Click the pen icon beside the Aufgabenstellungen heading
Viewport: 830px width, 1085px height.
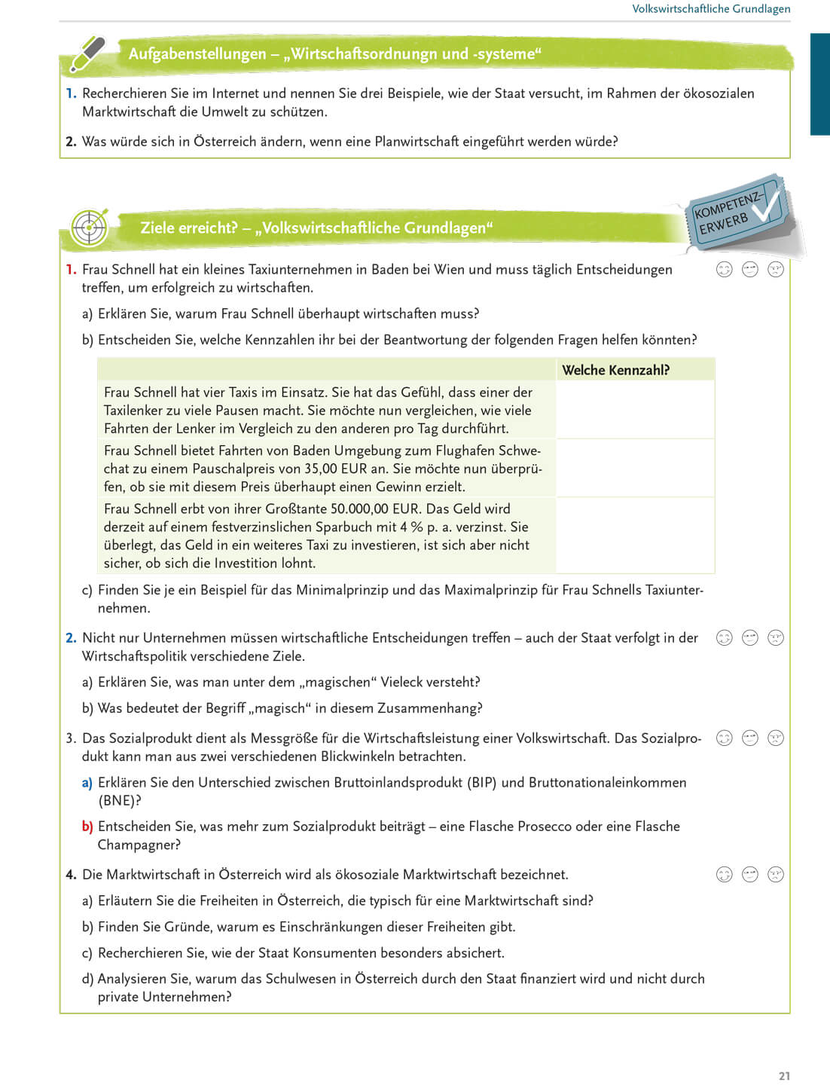click(88, 53)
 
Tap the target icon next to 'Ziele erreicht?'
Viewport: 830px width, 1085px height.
click(89, 227)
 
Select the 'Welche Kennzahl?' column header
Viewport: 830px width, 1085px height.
click(615, 370)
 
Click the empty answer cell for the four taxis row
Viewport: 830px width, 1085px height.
click(635, 410)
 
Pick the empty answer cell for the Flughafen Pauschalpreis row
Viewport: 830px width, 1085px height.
click(635, 468)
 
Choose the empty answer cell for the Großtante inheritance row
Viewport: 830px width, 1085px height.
click(635, 535)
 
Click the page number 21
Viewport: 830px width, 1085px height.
click(784, 1076)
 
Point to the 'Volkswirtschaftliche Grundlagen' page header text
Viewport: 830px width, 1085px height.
click(711, 9)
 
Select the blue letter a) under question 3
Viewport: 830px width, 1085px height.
click(87, 783)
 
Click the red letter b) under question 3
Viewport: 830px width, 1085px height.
click(87, 827)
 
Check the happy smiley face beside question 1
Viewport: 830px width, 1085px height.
click(724, 270)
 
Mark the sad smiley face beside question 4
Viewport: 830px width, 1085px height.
click(776, 875)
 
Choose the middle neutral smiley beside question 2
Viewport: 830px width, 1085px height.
click(750, 638)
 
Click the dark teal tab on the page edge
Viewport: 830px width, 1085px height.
click(819, 84)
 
